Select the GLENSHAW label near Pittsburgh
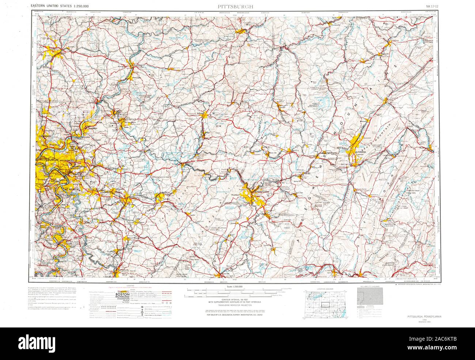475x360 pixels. coord(46,136)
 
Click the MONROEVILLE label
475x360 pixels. coord(79,167)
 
